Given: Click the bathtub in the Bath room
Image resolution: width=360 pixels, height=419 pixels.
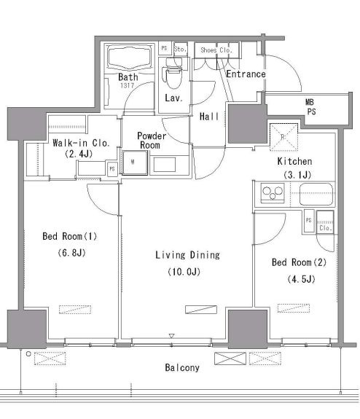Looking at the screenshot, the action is [130, 58].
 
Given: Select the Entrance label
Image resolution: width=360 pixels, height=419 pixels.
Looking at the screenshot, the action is [246, 74].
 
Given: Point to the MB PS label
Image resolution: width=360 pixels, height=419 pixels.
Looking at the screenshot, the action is [310, 106].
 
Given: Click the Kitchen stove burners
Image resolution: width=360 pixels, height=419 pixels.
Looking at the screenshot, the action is [273, 192].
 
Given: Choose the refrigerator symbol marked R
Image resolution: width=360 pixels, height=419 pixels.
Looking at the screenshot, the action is [283, 137].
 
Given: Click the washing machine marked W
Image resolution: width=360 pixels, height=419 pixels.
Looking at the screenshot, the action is [135, 162].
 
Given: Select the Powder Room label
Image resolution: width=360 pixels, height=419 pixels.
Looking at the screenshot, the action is [151, 141].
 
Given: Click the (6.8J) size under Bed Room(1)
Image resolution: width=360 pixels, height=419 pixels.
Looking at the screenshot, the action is [71, 253].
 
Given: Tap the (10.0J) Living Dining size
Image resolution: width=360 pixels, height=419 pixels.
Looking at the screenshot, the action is [184, 272].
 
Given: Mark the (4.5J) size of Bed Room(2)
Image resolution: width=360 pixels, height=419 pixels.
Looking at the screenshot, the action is [301, 279].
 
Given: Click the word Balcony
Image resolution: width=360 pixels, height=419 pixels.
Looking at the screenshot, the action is [182, 368].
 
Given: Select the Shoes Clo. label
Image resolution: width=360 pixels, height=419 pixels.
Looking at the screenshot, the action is [216, 50].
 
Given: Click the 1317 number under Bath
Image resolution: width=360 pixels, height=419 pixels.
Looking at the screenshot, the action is [127, 85].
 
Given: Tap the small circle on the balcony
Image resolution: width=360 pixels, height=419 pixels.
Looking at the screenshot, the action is [28, 354].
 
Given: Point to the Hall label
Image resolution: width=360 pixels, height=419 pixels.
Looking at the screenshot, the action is [209, 117].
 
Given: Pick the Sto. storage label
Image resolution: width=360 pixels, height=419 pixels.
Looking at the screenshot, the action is [180, 49].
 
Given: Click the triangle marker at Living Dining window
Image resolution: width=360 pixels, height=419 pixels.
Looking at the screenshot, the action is [171, 336].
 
